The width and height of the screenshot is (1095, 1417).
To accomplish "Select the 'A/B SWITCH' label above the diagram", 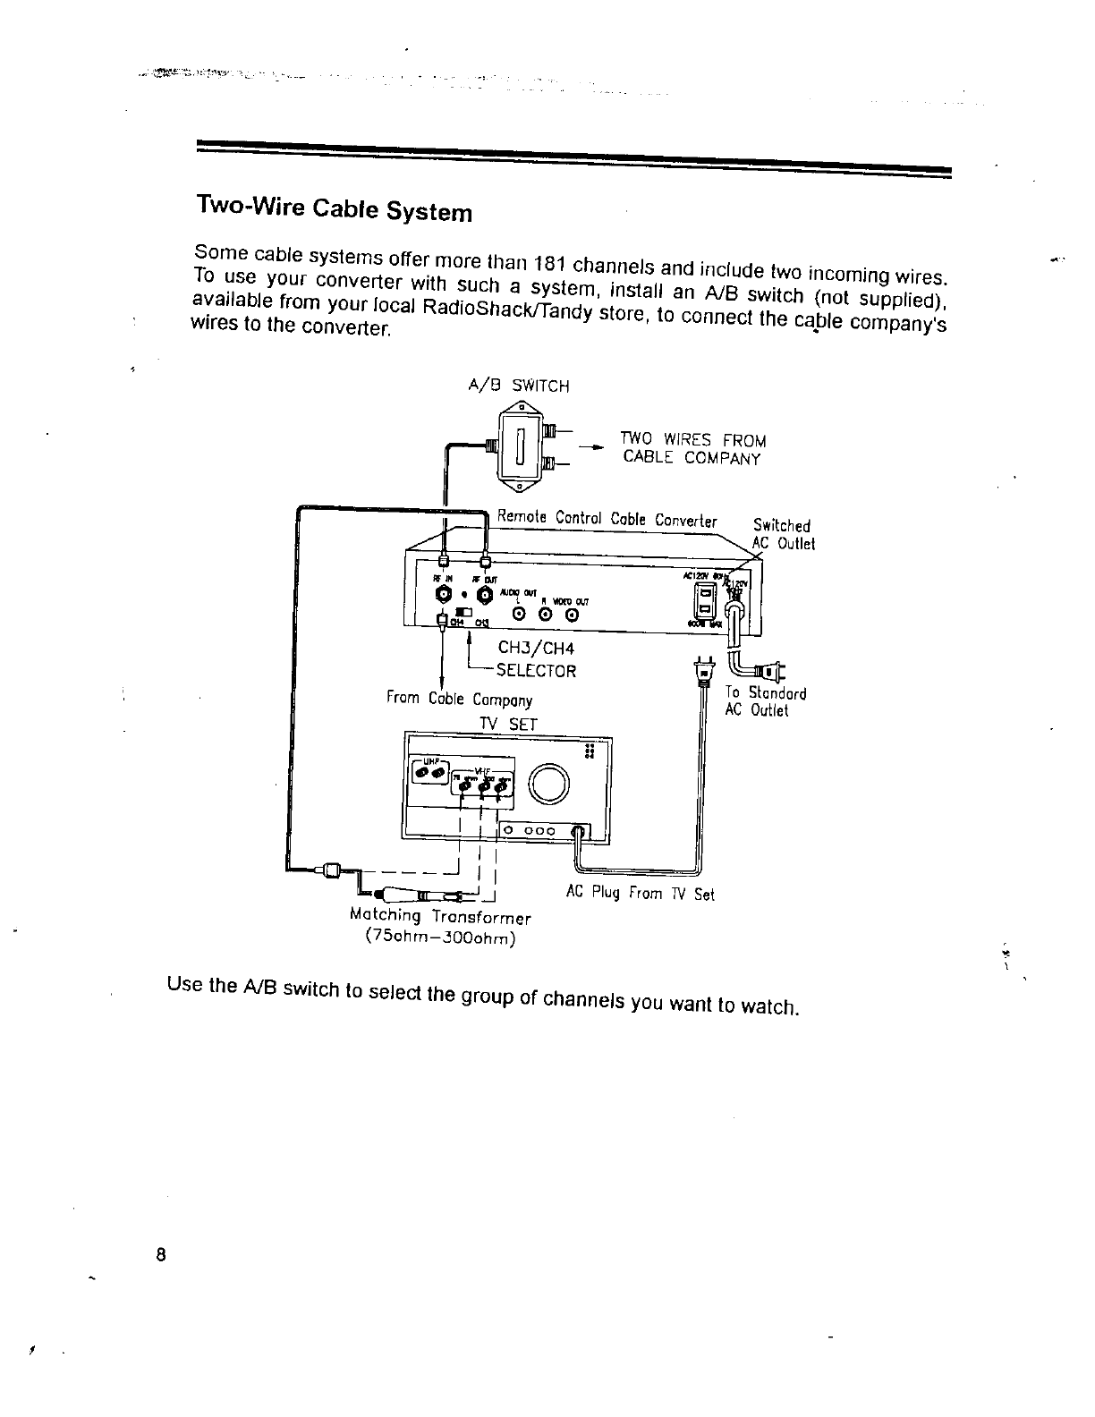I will click(x=518, y=386).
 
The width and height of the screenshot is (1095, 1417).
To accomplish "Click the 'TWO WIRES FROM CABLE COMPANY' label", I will click(x=693, y=449).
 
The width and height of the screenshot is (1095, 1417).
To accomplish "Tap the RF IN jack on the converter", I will click(x=443, y=595).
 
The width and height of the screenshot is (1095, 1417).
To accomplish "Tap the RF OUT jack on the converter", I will click(x=486, y=595).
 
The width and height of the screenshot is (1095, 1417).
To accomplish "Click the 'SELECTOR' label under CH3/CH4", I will click(x=536, y=670).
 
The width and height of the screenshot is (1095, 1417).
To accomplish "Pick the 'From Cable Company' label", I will click(x=459, y=699).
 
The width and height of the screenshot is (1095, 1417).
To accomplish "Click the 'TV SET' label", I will click(x=507, y=724).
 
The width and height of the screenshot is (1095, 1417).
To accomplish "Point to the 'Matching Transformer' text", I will click(x=440, y=917).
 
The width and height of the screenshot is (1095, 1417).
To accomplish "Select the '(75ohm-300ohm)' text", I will click(x=440, y=938).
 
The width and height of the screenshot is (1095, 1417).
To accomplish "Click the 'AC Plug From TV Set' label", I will click(x=641, y=893).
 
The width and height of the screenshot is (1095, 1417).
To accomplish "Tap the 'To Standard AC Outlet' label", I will click(x=765, y=701).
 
